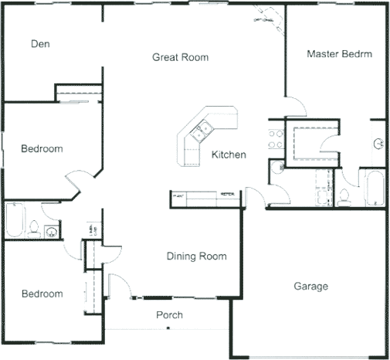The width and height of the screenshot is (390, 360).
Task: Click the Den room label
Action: point(40,44)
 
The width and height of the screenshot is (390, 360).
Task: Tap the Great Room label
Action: point(180,57)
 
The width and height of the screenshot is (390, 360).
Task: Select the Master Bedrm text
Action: point(340,54)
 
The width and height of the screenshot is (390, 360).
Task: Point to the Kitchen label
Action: point(229,155)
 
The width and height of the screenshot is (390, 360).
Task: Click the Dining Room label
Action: point(196,256)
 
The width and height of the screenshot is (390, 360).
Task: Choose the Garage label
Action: point(310,287)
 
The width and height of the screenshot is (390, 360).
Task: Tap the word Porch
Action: point(169,315)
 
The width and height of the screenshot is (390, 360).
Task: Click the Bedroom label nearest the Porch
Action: point(42,294)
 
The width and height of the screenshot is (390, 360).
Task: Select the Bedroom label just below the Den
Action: point(42,148)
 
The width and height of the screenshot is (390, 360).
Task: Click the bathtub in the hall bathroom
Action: point(15,220)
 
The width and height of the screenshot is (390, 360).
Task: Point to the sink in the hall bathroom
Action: point(51,230)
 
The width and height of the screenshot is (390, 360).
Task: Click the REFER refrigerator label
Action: point(227,194)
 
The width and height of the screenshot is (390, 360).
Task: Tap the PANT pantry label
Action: point(179,194)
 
